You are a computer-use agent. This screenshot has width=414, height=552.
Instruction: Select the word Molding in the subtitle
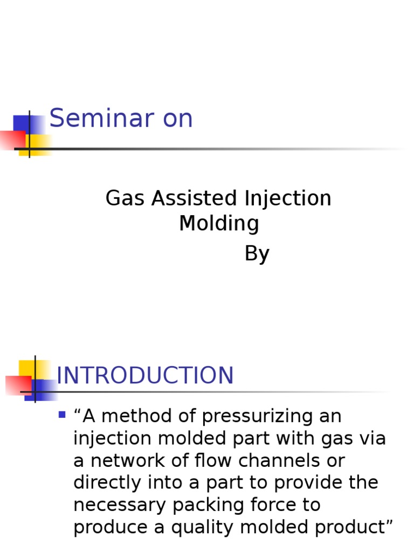coord(219,223)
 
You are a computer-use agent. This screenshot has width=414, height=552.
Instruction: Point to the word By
coord(257,253)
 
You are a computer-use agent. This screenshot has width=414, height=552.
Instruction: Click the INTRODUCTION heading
coord(145,376)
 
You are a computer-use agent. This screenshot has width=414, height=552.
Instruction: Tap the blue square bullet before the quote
coord(61,415)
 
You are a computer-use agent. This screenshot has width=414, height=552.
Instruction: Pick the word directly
coord(110,483)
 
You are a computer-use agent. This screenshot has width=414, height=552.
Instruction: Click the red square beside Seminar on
coord(12,140)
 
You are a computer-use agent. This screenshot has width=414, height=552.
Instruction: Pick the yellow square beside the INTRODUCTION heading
coord(27,369)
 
